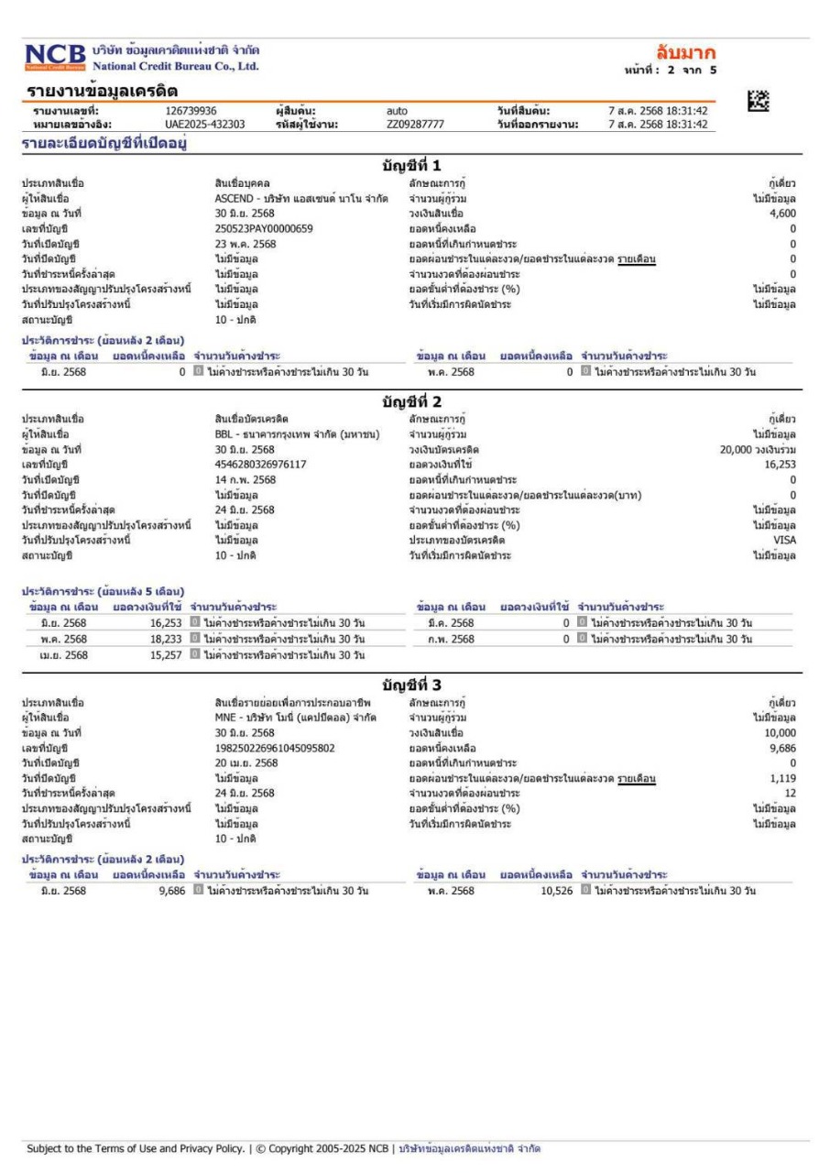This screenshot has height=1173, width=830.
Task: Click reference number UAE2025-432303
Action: (x=191, y=125)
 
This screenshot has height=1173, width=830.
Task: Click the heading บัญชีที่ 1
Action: (x=414, y=166)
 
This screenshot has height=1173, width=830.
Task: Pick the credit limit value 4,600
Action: (x=782, y=213)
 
